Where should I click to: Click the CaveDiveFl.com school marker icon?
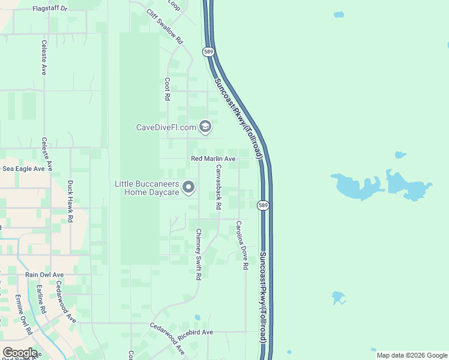[x=205, y=127]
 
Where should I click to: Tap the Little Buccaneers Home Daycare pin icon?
[x=188, y=188]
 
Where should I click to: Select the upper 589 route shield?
[x=208, y=52]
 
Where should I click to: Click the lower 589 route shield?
[x=263, y=206]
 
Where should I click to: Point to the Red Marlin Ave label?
[x=213, y=159]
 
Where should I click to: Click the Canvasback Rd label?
[x=218, y=187]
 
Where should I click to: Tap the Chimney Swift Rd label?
[x=197, y=254]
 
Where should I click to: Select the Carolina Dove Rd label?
[x=242, y=245]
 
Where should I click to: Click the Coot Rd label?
[x=167, y=88]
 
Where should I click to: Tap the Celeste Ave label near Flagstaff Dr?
[x=44, y=57]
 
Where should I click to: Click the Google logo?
[x=19, y=353]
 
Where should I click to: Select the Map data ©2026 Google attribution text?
[x=412, y=355]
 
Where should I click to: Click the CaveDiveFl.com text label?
[x=166, y=127]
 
